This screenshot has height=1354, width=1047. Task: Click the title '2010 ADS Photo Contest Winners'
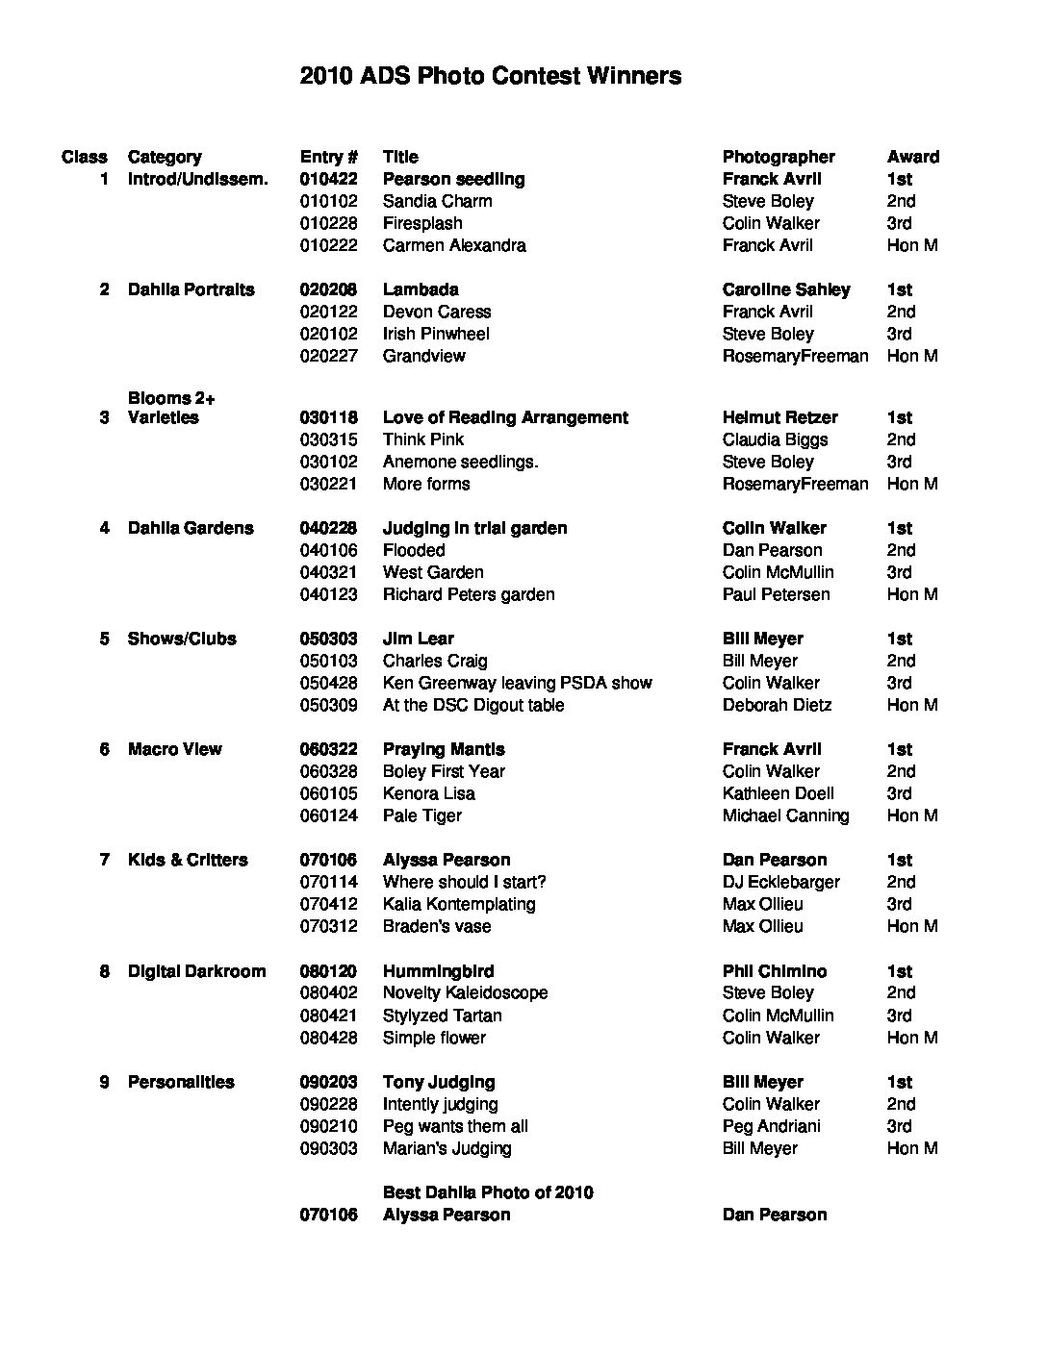tap(491, 76)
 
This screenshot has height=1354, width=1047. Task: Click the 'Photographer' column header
tap(779, 157)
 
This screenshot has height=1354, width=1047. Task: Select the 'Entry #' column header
tap(329, 157)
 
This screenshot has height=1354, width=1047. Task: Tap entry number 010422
tap(328, 179)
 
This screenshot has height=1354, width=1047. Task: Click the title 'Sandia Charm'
tap(437, 201)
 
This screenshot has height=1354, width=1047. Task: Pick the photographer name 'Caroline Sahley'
tap(786, 289)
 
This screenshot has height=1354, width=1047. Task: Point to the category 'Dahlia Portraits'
tap(191, 289)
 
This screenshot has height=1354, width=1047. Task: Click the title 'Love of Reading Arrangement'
tap(505, 417)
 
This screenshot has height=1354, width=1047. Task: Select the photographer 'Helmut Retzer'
tap(779, 417)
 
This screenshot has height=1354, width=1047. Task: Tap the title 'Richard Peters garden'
tap(469, 594)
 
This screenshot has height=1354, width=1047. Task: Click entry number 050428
tap(328, 683)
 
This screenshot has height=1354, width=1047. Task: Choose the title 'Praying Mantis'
tap(444, 749)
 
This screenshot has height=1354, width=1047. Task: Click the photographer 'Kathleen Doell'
tap(778, 793)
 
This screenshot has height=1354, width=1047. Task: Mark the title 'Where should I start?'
tap(464, 882)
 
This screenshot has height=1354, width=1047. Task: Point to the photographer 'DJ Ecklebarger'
tap(780, 882)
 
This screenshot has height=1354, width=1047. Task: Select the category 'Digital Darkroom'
tap(196, 971)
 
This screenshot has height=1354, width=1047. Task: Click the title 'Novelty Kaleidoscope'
tap(465, 992)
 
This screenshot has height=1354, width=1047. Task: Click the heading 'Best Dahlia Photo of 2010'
tap(488, 1192)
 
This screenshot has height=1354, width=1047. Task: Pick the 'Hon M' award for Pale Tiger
tap(911, 815)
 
